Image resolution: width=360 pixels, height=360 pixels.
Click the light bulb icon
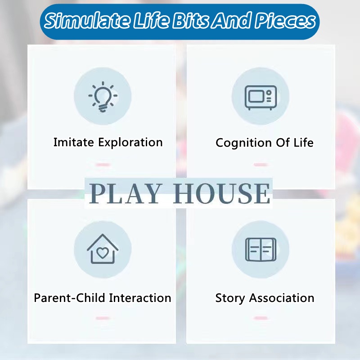(x=103, y=97)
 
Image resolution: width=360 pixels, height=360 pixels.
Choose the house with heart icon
(x=103, y=249)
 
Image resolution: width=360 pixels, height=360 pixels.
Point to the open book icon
(x=261, y=250)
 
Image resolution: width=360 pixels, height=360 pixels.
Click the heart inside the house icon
(x=103, y=252)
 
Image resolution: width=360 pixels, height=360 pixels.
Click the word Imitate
(x=74, y=142)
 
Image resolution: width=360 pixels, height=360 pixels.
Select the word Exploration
(x=130, y=143)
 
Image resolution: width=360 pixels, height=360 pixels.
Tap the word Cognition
(x=243, y=143)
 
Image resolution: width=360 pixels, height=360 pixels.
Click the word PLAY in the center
(x=124, y=193)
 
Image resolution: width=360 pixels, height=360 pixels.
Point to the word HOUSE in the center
(x=221, y=193)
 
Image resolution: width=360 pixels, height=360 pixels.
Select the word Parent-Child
(x=70, y=298)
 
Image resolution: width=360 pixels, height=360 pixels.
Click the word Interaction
(x=140, y=298)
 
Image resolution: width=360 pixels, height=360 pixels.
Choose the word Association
(x=282, y=298)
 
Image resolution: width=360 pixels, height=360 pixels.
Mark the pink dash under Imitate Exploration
(x=103, y=164)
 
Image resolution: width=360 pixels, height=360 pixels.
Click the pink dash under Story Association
(x=261, y=318)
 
